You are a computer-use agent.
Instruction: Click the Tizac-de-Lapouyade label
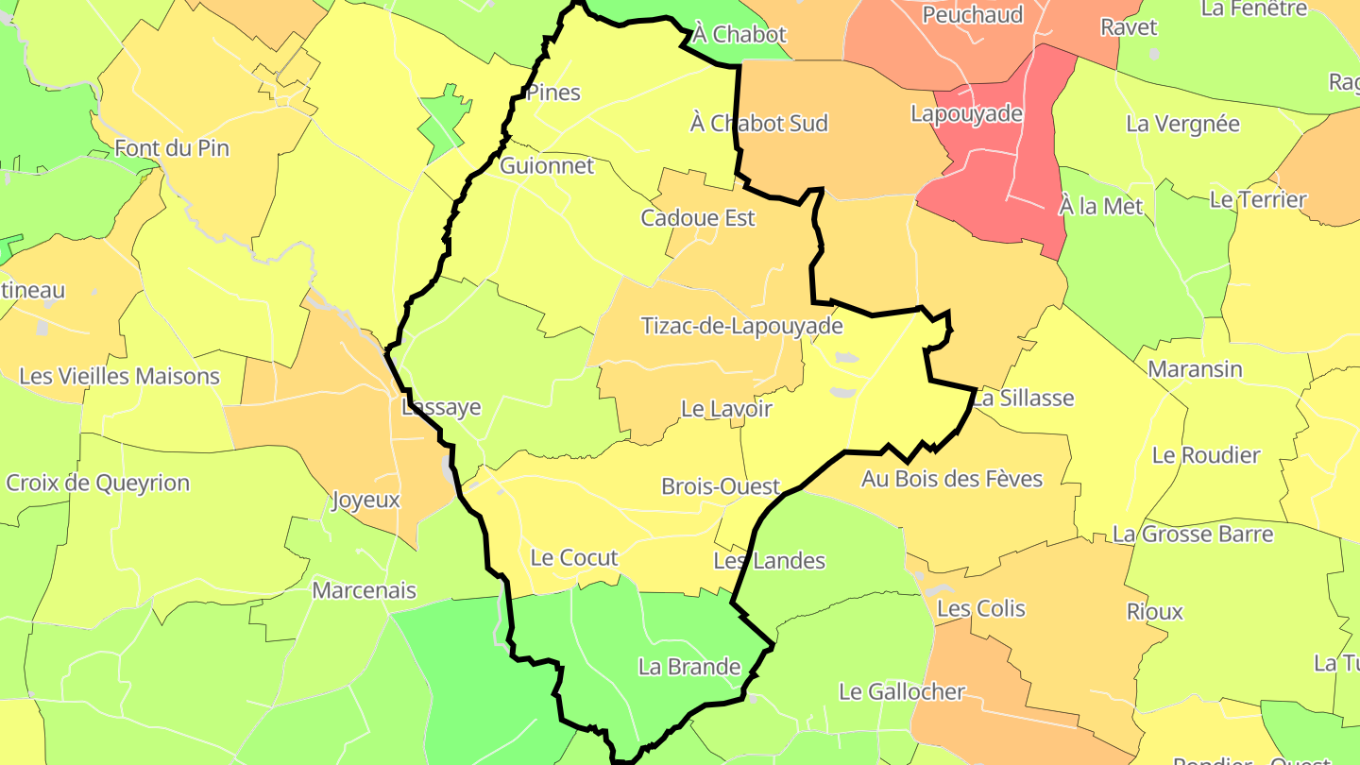pyautogui.click(x=741, y=327)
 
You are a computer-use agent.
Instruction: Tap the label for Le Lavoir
pyautogui.click(x=726, y=409)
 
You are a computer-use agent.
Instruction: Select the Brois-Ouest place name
pyautogui.click(x=721, y=486)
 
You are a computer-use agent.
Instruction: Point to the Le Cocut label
pyautogui.click(x=574, y=557)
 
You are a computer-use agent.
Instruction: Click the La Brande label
pyautogui.click(x=689, y=667)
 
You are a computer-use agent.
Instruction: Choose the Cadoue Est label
pyautogui.click(x=698, y=218)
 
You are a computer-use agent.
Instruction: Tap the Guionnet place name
pyautogui.click(x=547, y=166)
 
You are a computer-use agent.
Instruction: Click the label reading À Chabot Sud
pyautogui.click(x=759, y=124)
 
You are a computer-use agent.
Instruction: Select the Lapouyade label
pyautogui.click(x=966, y=114)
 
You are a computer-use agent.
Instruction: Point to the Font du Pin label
pyautogui.click(x=172, y=148)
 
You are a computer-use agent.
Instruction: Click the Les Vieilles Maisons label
pyautogui.click(x=119, y=376)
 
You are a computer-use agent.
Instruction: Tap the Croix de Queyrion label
pyautogui.click(x=97, y=484)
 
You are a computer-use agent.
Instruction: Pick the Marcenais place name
pyautogui.click(x=364, y=591)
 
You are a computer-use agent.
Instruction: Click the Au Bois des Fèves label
pyautogui.click(x=952, y=479)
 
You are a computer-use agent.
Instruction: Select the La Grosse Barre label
pyautogui.click(x=1193, y=535)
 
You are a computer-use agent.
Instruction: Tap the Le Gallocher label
pyautogui.click(x=902, y=692)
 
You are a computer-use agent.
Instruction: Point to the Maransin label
pyautogui.click(x=1195, y=369)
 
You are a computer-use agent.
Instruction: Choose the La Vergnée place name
pyautogui.click(x=1182, y=124)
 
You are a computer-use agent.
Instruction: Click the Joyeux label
pyautogui.click(x=365, y=501)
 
